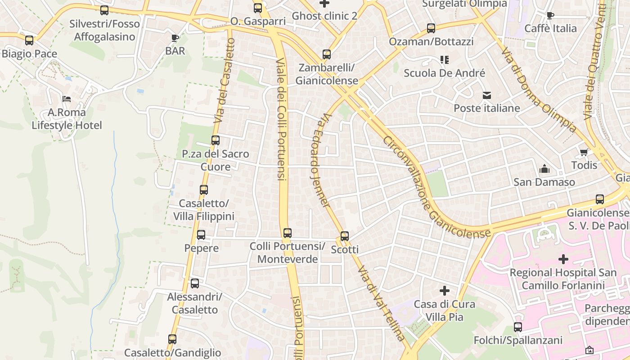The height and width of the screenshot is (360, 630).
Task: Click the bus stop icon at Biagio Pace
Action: (29, 40)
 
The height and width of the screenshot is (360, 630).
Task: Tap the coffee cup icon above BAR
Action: (175, 38)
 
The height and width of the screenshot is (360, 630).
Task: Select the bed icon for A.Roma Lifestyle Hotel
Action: (67, 99)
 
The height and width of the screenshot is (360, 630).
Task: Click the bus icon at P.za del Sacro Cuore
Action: (216, 140)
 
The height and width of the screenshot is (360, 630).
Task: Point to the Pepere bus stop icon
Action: (201, 234)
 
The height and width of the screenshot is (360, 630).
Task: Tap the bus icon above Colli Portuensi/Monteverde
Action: (288, 233)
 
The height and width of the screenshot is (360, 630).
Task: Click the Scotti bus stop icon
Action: (345, 236)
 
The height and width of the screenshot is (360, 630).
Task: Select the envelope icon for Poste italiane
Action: (487, 95)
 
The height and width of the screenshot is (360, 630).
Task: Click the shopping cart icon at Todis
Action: (584, 152)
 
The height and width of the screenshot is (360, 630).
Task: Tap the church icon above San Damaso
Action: (544, 169)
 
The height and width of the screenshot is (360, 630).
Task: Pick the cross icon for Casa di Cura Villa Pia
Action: (445, 291)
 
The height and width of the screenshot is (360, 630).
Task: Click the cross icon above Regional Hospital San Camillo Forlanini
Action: (563, 259)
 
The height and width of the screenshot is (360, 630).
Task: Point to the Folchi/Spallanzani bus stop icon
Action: (518, 327)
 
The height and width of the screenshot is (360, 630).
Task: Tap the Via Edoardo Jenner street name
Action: (320, 160)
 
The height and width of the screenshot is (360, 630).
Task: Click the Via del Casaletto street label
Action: (225, 81)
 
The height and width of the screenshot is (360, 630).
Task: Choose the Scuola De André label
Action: (444, 73)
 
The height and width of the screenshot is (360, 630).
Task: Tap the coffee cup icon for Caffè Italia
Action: (550, 16)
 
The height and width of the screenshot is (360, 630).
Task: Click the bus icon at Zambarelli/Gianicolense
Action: (327, 54)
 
